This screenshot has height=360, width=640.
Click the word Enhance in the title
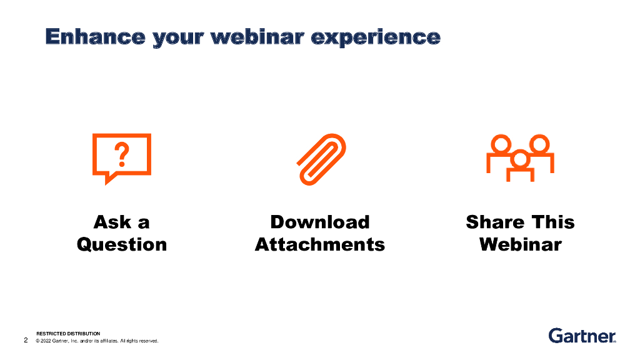pyautogui.click(x=96, y=37)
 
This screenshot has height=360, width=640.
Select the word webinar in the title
pyautogui.click(x=257, y=37)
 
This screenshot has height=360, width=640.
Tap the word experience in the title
pyautogui.click(x=376, y=38)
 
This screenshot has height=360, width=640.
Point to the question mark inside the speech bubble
pyautogui.click(x=122, y=154)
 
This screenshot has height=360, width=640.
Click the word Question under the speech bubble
pyautogui.click(x=122, y=245)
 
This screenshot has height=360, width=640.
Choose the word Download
pyautogui.click(x=320, y=222)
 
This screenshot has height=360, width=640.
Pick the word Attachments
pyautogui.click(x=320, y=244)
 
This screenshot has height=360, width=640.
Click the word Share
pyautogui.click(x=495, y=222)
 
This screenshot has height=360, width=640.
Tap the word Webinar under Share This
pyautogui.click(x=521, y=244)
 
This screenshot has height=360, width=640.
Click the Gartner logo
pyautogui.click(x=582, y=336)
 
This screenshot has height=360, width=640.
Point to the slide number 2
pyautogui.click(x=26, y=340)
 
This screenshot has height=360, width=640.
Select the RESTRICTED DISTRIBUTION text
pyautogui.click(x=68, y=334)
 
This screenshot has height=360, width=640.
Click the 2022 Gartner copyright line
pyautogui.click(x=97, y=341)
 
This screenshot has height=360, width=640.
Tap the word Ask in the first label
pyautogui.click(x=112, y=222)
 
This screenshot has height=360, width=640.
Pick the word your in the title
pyautogui.click(x=178, y=38)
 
